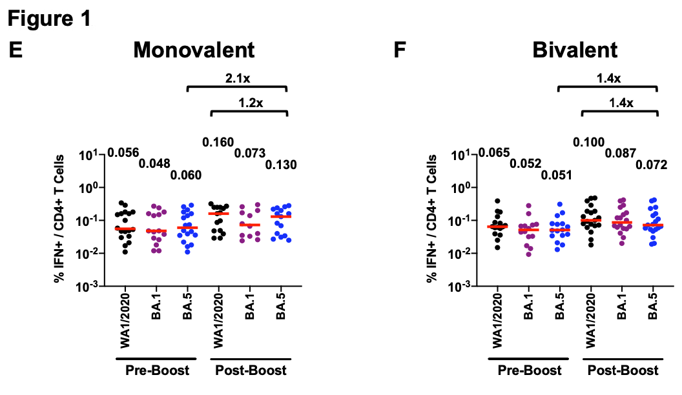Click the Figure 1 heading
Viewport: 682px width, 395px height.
[x=49, y=19]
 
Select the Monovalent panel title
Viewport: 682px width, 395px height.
[x=194, y=50]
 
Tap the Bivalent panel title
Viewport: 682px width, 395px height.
[x=566, y=50]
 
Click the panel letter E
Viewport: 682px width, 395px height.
[x=15, y=50]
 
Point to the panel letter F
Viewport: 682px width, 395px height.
[x=400, y=50]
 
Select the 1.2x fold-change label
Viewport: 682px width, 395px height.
[x=249, y=102]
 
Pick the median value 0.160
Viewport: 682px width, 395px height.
[x=218, y=142]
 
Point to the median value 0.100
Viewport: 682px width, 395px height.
[x=589, y=142]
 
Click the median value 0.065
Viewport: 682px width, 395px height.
[x=495, y=152]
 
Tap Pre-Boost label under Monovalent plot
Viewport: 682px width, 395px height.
[x=157, y=370]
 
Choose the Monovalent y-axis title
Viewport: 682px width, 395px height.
[x=62, y=219]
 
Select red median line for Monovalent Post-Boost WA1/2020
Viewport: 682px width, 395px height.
[x=218, y=214]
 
